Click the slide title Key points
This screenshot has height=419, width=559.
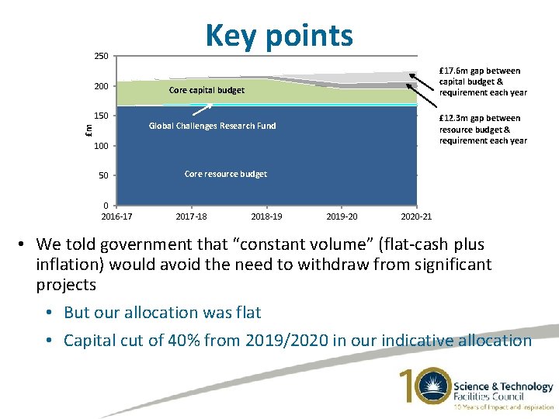(279, 35)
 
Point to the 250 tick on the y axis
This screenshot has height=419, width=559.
(101, 56)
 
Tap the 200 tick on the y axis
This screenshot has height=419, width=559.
(101, 86)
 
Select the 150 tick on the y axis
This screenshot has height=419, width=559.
(101, 116)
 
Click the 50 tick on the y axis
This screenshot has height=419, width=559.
(103, 176)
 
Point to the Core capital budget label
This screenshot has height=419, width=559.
(206, 91)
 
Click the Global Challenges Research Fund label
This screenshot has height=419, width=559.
(212, 126)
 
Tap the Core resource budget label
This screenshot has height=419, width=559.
(225, 174)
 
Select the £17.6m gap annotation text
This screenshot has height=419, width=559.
(482, 81)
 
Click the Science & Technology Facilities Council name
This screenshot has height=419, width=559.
(503, 392)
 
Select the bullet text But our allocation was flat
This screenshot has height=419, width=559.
(162, 313)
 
